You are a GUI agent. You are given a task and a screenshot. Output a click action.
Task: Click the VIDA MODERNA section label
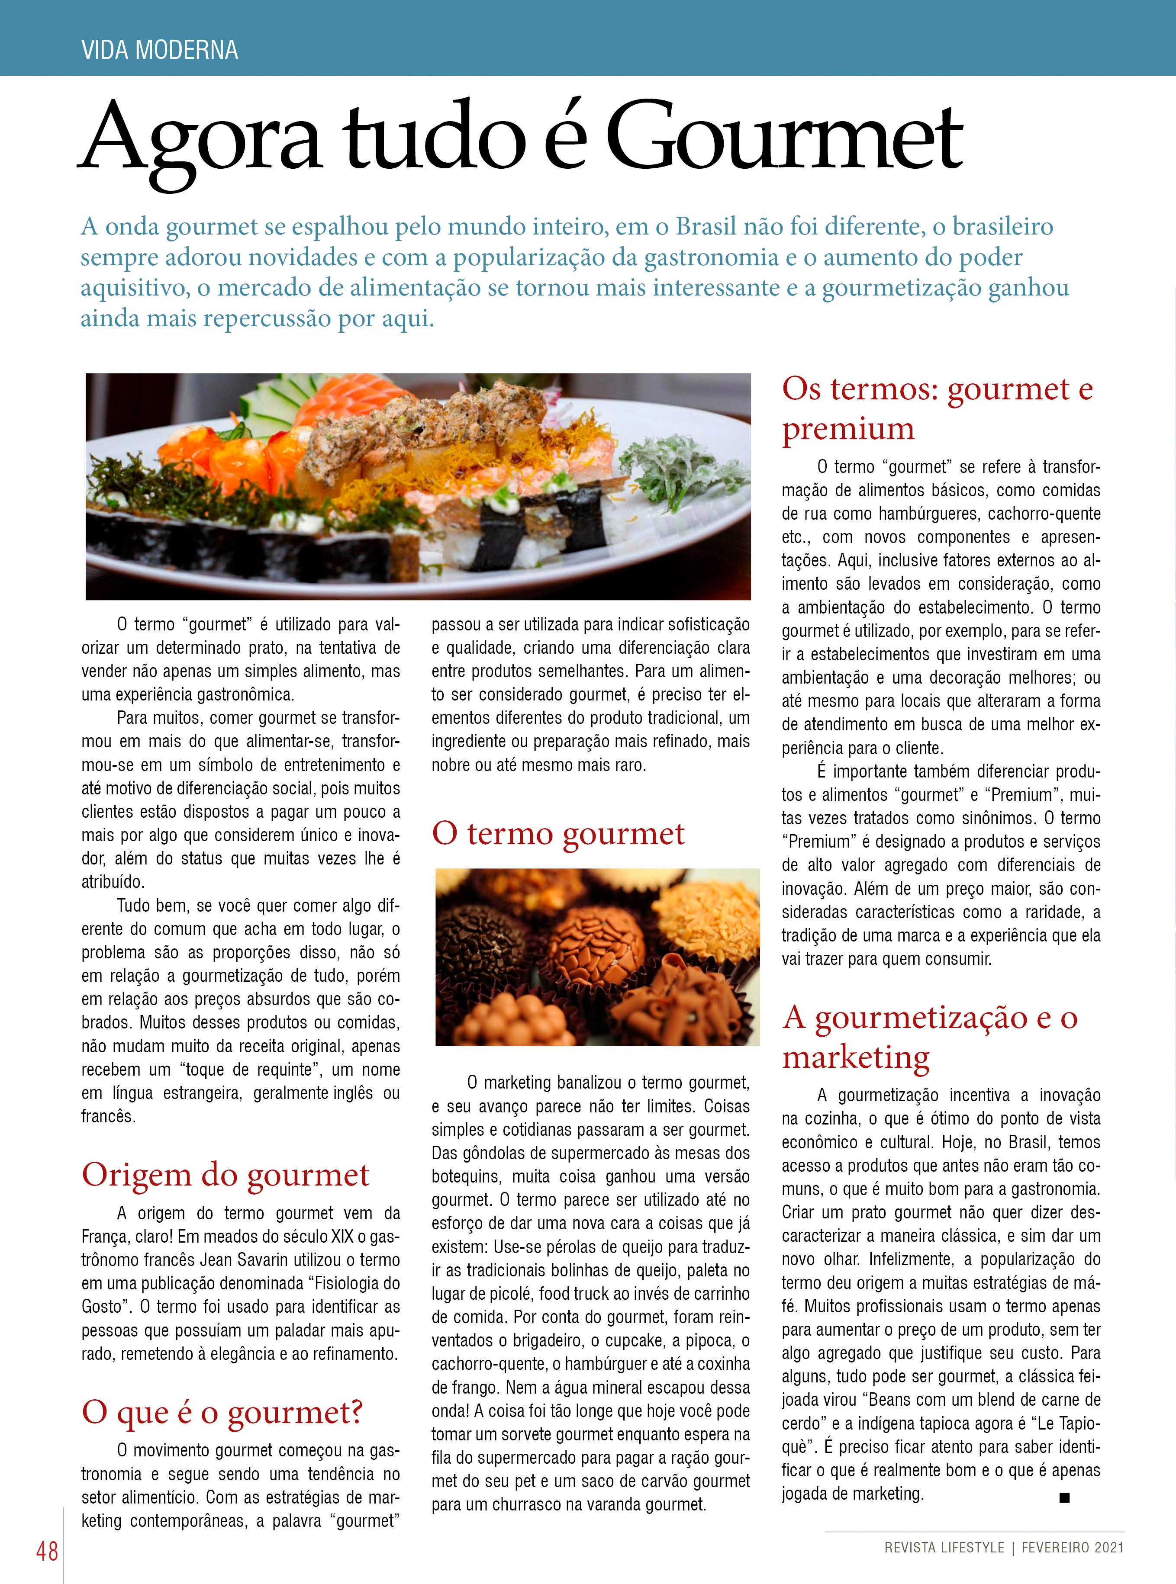tap(159, 50)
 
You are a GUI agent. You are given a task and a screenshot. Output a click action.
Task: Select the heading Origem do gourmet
tap(226, 1175)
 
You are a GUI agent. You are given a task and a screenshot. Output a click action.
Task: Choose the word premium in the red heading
tap(848, 428)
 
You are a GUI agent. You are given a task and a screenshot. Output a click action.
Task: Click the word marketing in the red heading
tap(856, 1057)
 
